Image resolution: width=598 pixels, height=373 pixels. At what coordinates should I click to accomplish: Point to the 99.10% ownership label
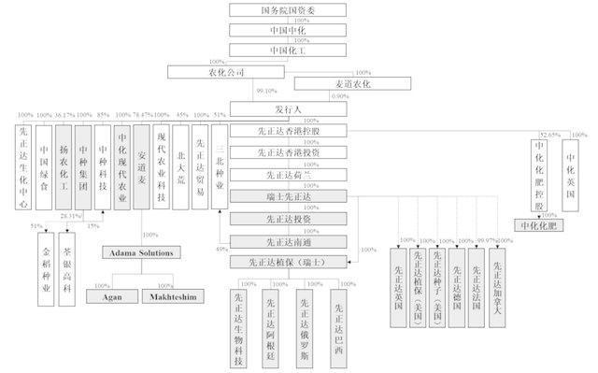[x=267, y=92]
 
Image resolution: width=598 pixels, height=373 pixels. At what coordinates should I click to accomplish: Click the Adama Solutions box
[x=143, y=252]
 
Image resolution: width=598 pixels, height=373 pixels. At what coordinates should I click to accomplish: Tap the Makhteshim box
[x=174, y=296]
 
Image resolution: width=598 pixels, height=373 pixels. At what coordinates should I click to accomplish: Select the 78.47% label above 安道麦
[x=141, y=115]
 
